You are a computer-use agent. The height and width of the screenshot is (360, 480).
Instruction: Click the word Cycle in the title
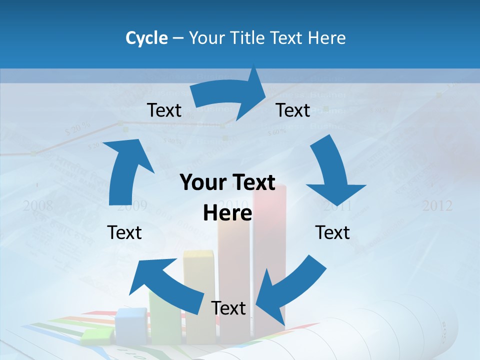(x=146, y=37)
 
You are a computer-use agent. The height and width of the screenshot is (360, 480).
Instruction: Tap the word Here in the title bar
(x=326, y=37)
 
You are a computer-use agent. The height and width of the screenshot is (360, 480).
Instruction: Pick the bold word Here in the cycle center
(x=227, y=213)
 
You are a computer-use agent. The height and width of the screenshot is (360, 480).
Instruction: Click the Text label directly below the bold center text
(x=228, y=308)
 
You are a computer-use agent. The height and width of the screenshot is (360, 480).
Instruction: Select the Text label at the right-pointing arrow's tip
(x=293, y=110)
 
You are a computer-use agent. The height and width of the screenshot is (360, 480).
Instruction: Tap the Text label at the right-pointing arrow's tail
(x=164, y=110)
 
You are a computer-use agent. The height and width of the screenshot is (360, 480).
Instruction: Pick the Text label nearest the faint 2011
(x=332, y=232)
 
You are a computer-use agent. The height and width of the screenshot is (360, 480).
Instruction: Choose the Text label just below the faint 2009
(x=124, y=232)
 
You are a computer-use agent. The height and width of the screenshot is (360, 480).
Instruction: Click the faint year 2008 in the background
(x=37, y=205)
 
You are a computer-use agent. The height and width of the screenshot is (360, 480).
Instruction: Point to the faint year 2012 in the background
(x=437, y=205)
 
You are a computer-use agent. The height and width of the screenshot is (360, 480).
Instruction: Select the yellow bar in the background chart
(x=198, y=295)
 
